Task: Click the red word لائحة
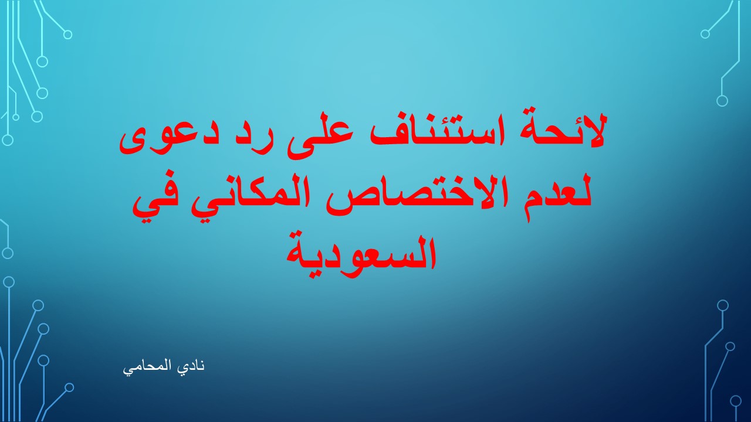coord(563,131)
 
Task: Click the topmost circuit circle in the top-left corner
coord(67,35)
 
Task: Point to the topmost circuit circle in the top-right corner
coord(705,34)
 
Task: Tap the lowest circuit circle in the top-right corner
coord(722,100)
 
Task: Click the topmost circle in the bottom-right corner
coord(723,305)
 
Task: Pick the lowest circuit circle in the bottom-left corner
coord(69,387)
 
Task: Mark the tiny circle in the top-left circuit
coord(16,117)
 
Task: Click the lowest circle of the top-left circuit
coord(8,140)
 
